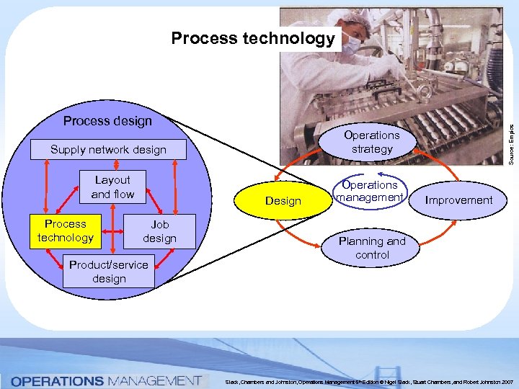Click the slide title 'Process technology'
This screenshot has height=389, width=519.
pos(253,38)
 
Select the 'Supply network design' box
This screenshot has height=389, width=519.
pos(108,150)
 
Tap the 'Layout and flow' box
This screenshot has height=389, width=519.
pos(112,187)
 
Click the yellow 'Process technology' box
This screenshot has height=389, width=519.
pos(66,231)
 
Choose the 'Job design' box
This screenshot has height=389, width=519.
pos(159,231)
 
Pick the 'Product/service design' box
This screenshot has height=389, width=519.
pos(108,272)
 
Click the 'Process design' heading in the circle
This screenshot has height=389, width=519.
pos(107,120)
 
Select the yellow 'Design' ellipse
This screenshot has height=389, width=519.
pos(283,201)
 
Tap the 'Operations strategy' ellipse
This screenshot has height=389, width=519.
pos(372,142)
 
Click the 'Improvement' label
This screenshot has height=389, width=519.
pos(458,200)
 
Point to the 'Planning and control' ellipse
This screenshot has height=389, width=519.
pos(372,248)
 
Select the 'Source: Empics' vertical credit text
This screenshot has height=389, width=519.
pos(511,140)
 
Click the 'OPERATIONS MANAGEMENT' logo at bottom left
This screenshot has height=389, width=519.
pos(106,380)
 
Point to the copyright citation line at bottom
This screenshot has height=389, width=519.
pos(368,381)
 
